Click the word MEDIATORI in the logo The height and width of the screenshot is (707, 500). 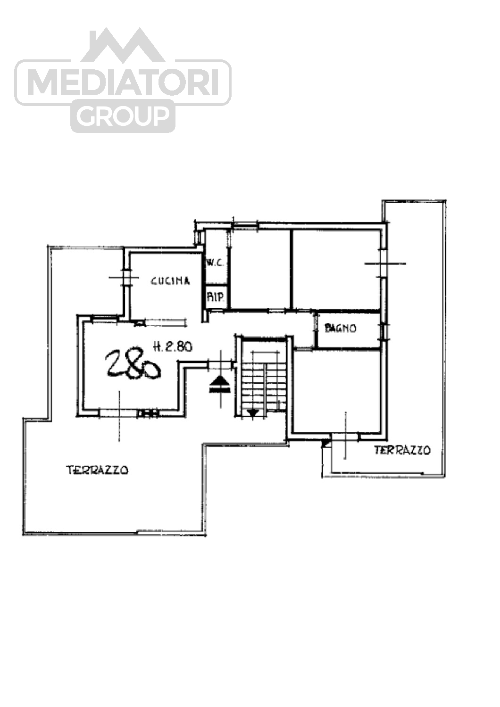click(123, 82)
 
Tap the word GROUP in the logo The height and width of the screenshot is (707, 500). click(123, 115)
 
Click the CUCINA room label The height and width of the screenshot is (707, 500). click(170, 280)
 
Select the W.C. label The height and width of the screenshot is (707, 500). click(215, 262)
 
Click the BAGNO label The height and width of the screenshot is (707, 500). click(341, 328)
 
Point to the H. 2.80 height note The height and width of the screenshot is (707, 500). click(173, 347)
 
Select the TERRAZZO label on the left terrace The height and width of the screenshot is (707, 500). click(97, 470)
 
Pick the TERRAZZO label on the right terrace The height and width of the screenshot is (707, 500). click(402, 450)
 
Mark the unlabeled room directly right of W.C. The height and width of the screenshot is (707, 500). click(260, 269)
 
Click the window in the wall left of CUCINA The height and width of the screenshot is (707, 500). click(126, 278)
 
